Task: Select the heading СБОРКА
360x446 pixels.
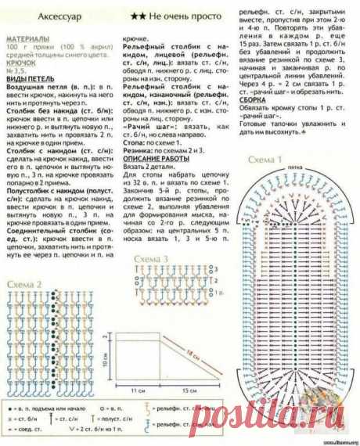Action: (x=259, y=100)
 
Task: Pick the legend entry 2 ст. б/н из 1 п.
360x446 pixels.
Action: (x=95, y=430)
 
